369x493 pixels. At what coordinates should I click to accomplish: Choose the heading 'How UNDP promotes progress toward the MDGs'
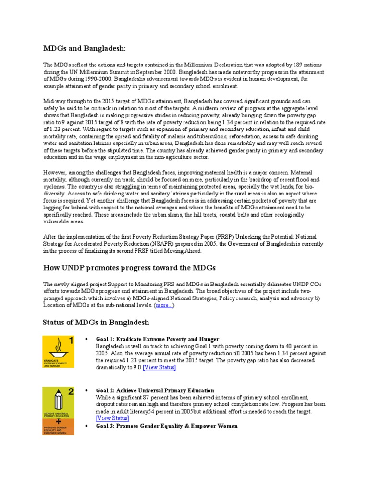129,267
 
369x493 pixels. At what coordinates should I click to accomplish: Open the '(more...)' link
164,305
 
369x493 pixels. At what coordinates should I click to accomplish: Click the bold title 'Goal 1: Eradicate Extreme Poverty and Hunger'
157,339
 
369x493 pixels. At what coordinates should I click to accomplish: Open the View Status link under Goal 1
159,367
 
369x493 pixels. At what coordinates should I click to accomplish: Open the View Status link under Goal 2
112,418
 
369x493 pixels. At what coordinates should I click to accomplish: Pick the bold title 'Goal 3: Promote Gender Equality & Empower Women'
166,426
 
